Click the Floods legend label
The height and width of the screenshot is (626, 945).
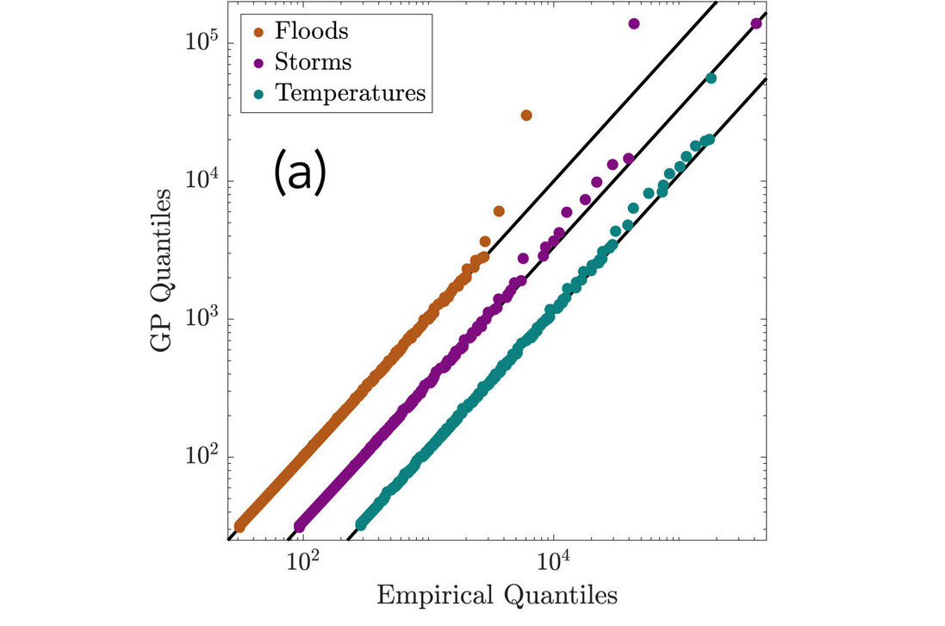pyautogui.click(x=311, y=32)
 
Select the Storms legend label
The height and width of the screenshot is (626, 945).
pyautogui.click(x=313, y=62)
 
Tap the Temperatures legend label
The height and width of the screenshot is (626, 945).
pyautogui.click(x=350, y=92)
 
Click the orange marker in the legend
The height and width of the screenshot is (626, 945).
pyautogui.click(x=259, y=32)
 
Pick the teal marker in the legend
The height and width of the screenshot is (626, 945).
pyautogui.click(x=259, y=93)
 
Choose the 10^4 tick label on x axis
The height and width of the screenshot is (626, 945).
pyautogui.click(x=552, y=560)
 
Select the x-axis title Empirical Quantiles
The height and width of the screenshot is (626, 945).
pyautogui.click(x=497, y=595)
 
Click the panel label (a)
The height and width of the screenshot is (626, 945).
pyautogui.click(x=299, y=172)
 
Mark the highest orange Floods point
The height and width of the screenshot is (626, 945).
pyautogui.click(x=526, y=115)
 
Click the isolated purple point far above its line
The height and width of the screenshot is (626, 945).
pyautogui.click(x=634, y=23)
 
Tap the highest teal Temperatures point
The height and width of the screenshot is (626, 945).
pyautogui.click(x=711, y=78)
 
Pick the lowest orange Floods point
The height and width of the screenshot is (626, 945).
pyautogui.click(x=240, y=526)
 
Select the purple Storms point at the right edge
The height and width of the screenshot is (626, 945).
pyautogui.click(x=756, y=23)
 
